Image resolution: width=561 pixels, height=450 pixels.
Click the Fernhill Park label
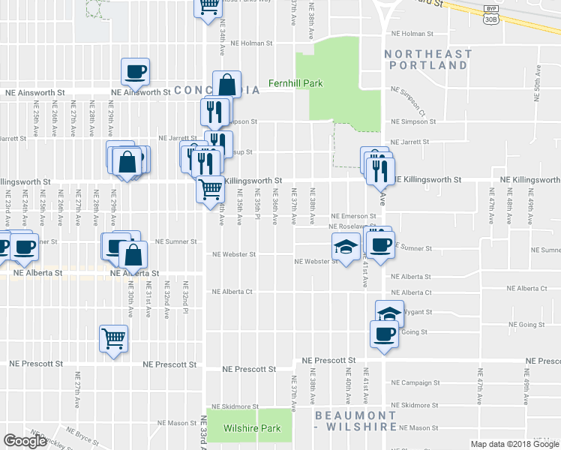[296, 83]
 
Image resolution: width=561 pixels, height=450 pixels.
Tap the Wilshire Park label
[252, 429]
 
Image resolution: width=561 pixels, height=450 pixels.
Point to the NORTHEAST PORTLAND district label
[428, 60]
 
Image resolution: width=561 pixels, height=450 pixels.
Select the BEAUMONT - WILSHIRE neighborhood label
[355, 421]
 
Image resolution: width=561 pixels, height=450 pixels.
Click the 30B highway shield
[491, 19]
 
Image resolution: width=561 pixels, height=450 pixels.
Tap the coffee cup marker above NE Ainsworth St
[136, 72]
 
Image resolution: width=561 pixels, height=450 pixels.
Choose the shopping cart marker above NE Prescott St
[113, 339]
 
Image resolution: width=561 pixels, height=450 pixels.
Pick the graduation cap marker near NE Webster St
[345, 247]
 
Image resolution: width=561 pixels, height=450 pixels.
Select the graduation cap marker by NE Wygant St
[388, 313]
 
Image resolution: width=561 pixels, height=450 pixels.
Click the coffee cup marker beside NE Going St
[384, 334]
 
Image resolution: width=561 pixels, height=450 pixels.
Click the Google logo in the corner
[25, 441]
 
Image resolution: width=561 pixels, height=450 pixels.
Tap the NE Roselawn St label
[351, 226]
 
